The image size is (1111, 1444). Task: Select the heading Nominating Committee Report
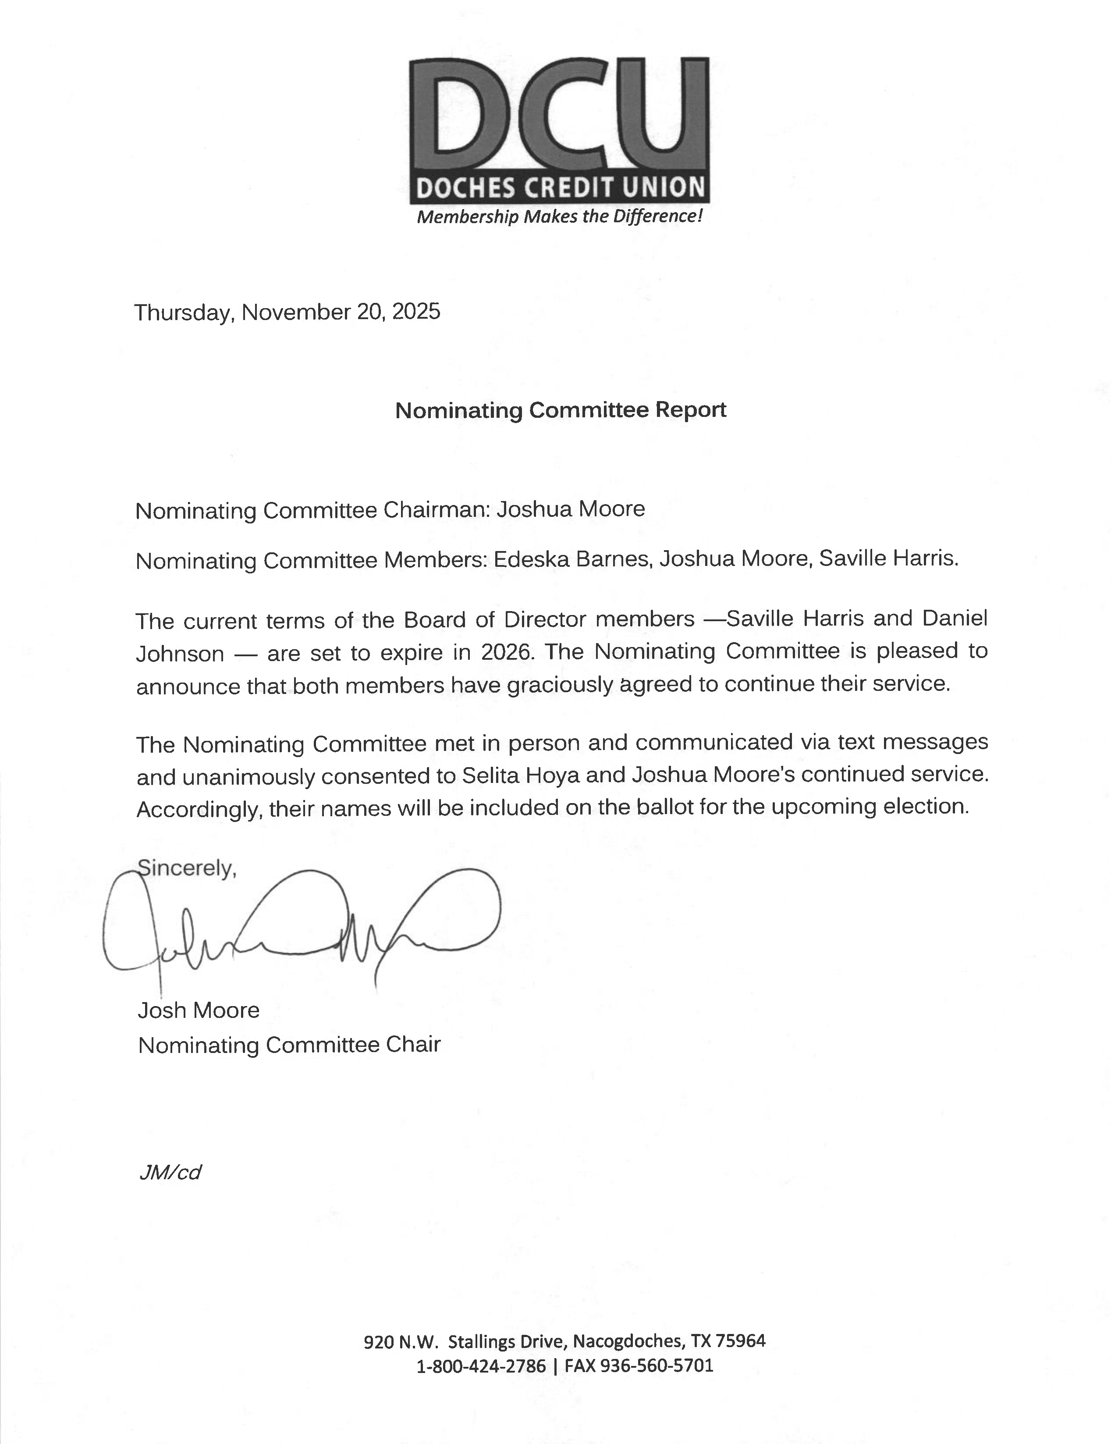561,410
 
